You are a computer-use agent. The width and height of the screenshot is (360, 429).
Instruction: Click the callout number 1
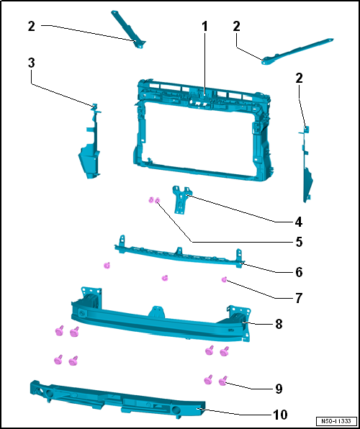point(204,27)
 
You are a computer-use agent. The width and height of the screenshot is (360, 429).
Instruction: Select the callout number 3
point(32,63)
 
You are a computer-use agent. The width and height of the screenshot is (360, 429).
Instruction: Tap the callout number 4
point(298,222)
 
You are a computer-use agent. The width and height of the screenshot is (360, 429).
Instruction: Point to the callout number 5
point(299,242)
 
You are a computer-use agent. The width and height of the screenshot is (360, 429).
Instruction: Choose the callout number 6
point(299,272)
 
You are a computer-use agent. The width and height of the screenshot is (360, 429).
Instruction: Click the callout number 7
point(299,298)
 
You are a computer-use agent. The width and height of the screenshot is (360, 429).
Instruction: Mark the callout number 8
point(279,324)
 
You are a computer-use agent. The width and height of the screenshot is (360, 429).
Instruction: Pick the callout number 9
point(279,389)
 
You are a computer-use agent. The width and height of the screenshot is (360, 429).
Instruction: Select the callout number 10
point(280,415)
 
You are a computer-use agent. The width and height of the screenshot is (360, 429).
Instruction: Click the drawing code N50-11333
point(336,420)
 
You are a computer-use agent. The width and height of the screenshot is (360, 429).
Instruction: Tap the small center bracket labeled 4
point(181,199)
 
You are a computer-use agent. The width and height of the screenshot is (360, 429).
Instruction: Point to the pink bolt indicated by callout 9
point(223,381)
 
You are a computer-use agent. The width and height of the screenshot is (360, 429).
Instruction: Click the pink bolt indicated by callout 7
point(224,279)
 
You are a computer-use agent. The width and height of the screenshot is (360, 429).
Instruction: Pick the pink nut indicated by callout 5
point(157,201)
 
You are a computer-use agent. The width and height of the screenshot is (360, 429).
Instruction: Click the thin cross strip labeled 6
point(179,254)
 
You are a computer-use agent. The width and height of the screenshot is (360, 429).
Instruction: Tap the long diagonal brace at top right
point(297,51)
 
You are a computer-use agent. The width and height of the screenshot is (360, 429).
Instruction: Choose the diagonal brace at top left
point(129,29)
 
